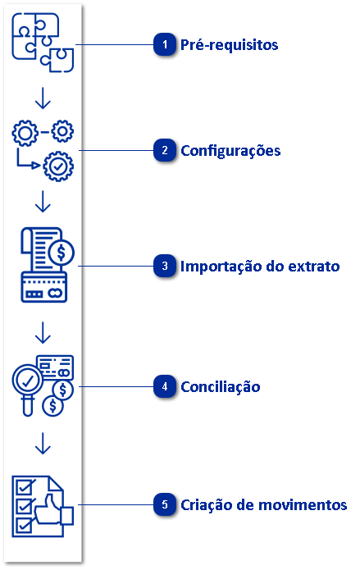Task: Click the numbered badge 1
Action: coord(166,44)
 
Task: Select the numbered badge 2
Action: coord(166,150)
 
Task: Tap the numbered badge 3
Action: coord(166,266)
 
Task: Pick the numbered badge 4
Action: coord(166,386)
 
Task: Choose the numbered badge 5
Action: coord(166,504)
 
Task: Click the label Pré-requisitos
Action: coord(230,44)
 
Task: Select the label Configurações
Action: coord(230,151)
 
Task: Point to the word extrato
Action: coord(310,267)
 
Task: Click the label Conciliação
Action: coord(221,386)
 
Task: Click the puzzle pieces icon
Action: coord(43,41)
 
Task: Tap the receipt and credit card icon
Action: coord(46,263)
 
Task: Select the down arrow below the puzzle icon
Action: coord(43,98)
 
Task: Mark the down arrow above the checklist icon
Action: coord(43,444)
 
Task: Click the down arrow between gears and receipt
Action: coord(43,201)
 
